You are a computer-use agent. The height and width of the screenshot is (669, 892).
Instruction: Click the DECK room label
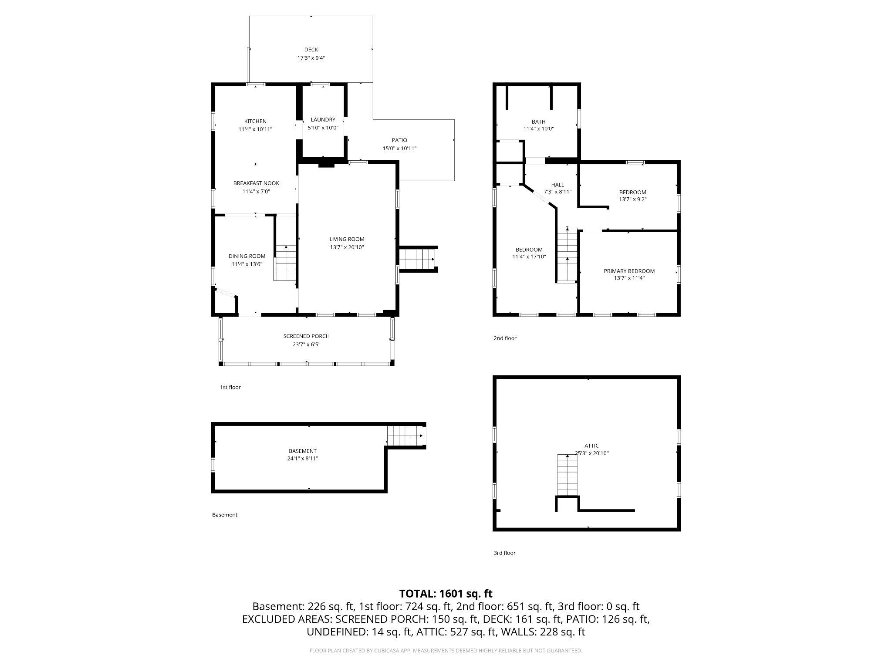pos(311,50)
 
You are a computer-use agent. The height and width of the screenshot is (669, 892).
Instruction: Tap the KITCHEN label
pos(255,121)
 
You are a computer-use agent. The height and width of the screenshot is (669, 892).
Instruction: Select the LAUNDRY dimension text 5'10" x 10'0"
pos(323,128)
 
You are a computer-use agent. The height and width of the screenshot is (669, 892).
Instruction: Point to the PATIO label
pos(399,140)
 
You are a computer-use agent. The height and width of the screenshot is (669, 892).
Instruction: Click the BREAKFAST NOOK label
pos(256,183)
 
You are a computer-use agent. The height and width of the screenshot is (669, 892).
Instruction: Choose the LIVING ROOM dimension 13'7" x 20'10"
pos(347,247)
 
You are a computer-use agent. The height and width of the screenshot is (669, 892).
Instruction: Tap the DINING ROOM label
pos(247,256)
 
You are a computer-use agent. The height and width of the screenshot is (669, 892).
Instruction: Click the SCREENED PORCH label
pos(306,336)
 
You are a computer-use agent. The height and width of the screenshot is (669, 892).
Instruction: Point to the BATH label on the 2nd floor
pos(538,122)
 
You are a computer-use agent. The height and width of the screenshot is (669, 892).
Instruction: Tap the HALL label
pos(557,185)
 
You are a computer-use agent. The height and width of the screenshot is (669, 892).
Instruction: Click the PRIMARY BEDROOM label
pos(629,271)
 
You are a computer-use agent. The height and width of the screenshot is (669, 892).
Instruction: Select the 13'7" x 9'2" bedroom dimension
pos(632,199)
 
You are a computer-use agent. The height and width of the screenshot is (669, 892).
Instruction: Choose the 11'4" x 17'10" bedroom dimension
pos(529,257)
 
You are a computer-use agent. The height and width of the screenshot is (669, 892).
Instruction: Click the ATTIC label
pos(591,446)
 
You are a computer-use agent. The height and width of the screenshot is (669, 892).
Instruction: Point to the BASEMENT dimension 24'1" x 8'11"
pos(303,459)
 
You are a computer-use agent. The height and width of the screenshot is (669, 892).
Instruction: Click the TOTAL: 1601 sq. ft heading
pos(446,594)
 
